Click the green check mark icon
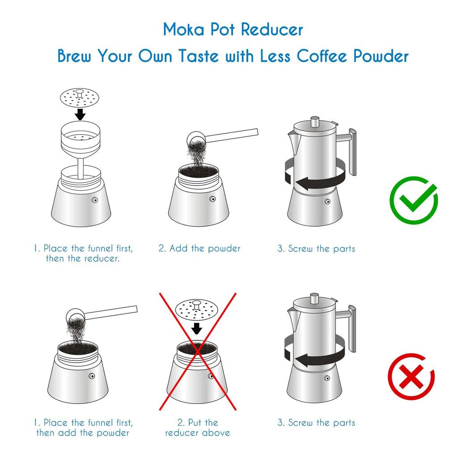coord(413,200)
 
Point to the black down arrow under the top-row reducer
coord(80,114)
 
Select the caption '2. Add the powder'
coord(199,249)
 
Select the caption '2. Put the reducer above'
coord(197,428)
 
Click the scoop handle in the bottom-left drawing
coord(112,312)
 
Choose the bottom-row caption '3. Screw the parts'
coord(316,423)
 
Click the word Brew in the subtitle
coord(75,57)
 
